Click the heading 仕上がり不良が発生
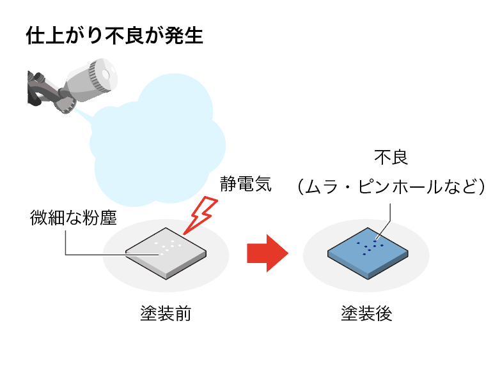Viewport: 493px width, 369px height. (x=114, y=36)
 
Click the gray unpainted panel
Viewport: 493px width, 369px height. (x=165, y=252)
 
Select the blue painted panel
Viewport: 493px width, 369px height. (x=368, y=253)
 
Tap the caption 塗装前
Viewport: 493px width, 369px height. (x=166, y=313)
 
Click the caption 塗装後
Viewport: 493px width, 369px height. (x=366, y=313)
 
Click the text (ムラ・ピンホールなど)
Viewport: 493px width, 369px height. (x=391, y=186)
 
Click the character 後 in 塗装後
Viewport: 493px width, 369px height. (x=384, y=313)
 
